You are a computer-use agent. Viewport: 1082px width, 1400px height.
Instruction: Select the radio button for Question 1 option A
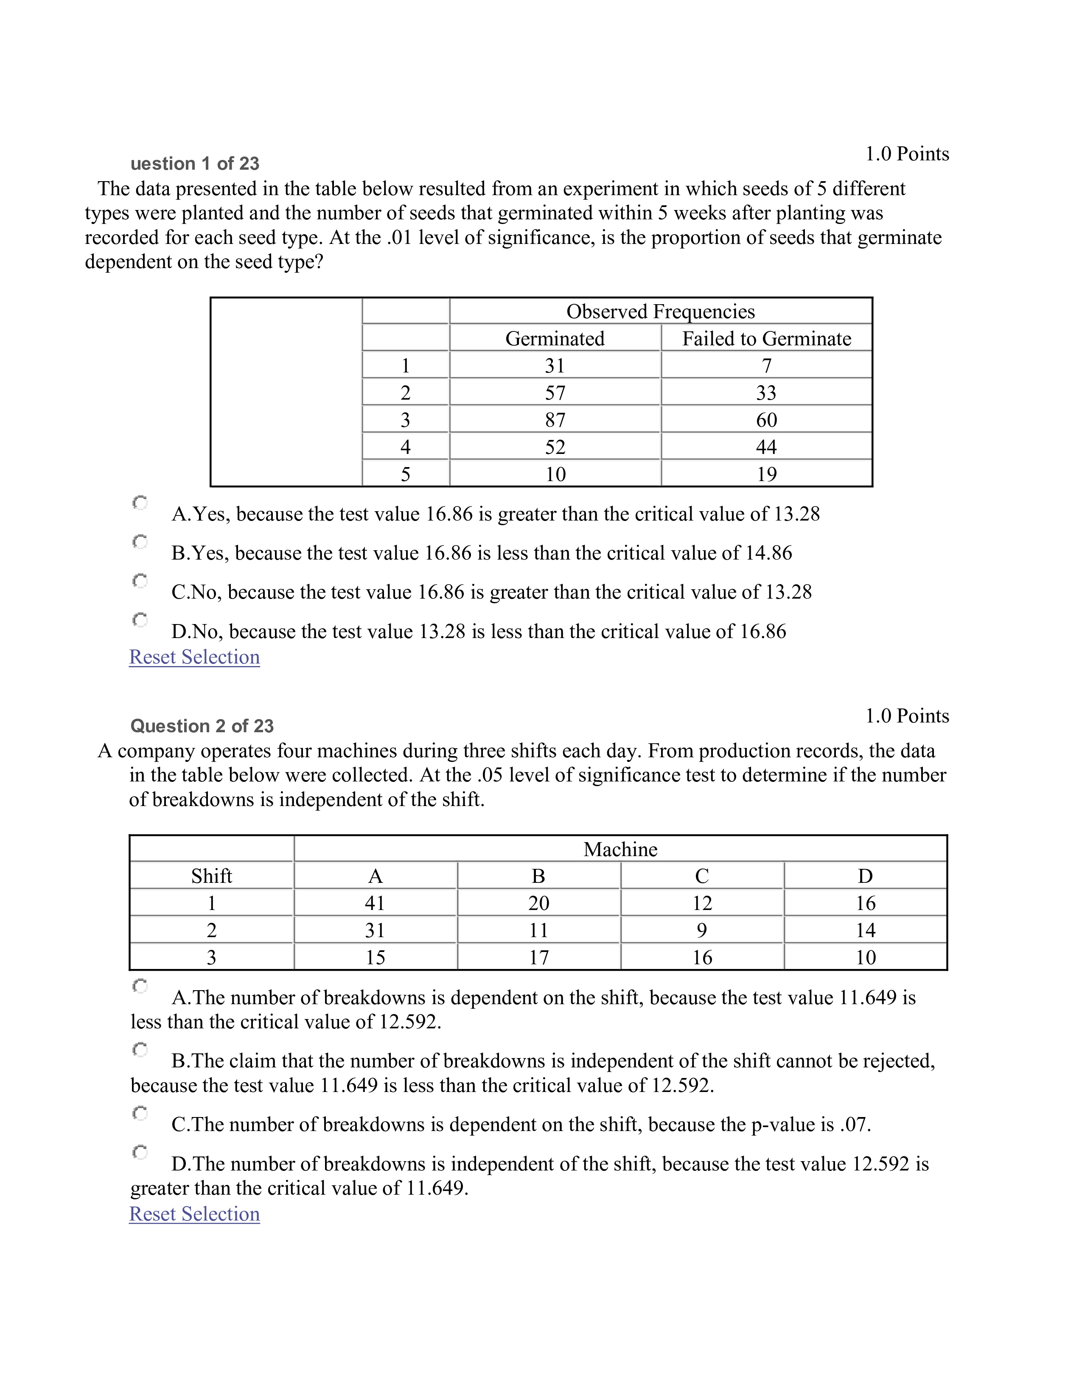click(140, 503)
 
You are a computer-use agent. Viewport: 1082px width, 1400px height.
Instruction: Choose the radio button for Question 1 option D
click(140, 620)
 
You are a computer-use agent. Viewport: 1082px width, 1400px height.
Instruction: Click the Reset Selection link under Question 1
click(194, 657)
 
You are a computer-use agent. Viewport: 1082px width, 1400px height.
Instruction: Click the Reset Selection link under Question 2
click(194, 1214)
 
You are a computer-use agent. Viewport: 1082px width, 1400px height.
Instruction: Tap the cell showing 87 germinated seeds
click(555, 420)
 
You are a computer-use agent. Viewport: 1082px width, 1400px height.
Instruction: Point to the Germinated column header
click(555, 339)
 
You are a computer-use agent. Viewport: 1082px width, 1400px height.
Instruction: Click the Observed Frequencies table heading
click(660, 311)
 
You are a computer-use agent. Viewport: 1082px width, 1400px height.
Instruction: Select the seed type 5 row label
click(405, 474)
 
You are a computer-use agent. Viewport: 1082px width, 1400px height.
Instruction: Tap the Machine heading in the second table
click(620, 849)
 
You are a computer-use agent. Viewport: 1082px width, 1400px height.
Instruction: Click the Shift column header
click(212, 876)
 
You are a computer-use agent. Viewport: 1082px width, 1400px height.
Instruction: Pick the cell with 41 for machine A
click(375, 903)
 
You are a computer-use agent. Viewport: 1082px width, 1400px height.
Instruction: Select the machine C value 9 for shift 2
click(702, 930)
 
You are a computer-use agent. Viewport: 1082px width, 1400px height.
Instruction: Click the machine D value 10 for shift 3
click(865, 958)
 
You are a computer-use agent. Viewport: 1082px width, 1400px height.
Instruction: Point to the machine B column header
click(538, 876)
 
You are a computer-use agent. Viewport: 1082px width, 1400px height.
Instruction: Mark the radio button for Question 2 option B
click(140, 1049)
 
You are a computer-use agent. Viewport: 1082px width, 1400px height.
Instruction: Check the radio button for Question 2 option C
click(140, 1113)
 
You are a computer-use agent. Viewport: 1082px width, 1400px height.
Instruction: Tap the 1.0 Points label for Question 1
click(907, 154)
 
